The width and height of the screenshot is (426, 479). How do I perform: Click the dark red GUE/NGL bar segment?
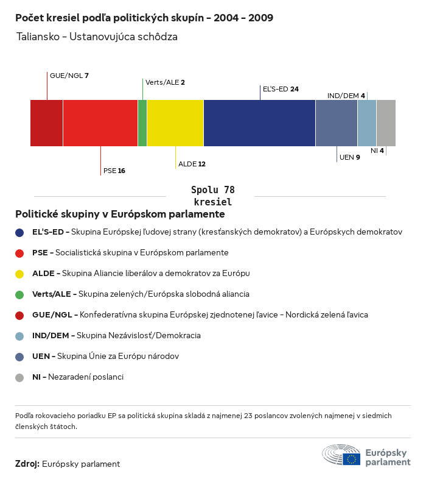tap(46, 122)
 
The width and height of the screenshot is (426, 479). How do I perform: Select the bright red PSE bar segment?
tap(100, 122)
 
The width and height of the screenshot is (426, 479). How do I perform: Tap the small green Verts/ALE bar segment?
tap(142, 122)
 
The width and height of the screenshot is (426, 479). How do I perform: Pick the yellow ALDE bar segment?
tap(175, 122)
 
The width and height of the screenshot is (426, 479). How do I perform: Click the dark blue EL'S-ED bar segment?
tap(259, 122)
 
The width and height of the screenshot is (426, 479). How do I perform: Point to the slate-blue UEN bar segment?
tap(336, 122)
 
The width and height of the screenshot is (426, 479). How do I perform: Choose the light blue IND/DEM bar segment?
tap(367, 122)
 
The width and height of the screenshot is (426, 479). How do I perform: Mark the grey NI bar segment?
tap(386, 122)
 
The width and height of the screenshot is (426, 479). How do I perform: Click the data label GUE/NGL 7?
tap(69, 76)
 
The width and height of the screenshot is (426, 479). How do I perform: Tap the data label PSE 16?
tap(114, 171)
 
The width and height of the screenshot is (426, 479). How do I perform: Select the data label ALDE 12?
tap(192, 164)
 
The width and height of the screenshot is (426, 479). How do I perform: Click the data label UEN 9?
tap(349, 157)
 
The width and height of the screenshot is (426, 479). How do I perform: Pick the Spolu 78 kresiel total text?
tap(212, 196)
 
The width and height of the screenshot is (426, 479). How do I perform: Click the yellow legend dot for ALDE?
tap(19, 274)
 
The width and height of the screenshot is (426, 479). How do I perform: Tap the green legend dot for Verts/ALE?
tap(19, 294)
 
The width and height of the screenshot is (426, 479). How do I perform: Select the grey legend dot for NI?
tap(19, 377)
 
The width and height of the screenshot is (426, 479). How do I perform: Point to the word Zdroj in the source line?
tap(27, 464)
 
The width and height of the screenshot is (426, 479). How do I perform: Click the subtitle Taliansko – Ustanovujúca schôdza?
tap(97, 37)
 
